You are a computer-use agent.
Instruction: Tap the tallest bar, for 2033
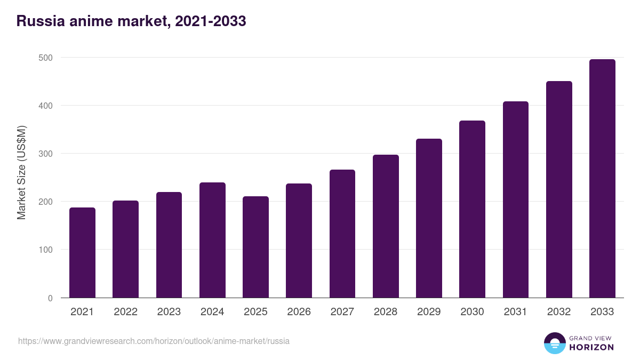(602, 179)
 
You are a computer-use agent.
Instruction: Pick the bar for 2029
(429, 218)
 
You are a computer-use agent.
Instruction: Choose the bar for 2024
(212, 240)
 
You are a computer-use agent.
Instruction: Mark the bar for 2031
(515, 199)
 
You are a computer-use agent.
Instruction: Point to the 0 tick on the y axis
(50, 298)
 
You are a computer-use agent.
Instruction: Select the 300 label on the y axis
(46, 154)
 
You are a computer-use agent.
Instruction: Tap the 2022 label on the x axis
(125, 312)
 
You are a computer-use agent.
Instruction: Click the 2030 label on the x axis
(472, 312)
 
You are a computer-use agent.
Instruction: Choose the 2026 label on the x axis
(299, 312)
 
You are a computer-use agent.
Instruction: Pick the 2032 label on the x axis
(559, 312)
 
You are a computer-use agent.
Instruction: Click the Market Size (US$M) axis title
(21, 172)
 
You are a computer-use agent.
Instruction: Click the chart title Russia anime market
(131, 21)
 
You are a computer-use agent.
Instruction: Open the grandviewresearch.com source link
(154, 341)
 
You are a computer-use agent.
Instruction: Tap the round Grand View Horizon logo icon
(554, 343)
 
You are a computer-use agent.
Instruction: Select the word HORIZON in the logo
(591, 347)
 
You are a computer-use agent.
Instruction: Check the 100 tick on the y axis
(46, 250)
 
